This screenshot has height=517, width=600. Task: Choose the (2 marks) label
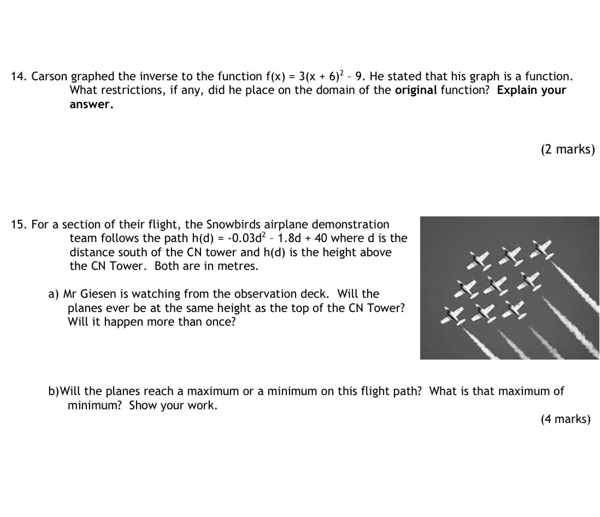(568, 150)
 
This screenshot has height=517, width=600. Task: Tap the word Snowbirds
(234, 225)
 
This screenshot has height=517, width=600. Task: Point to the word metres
(238, 267)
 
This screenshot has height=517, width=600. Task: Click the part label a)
(54, 295)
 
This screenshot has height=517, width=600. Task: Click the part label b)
(54, 391)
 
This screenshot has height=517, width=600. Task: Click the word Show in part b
(143, 406)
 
